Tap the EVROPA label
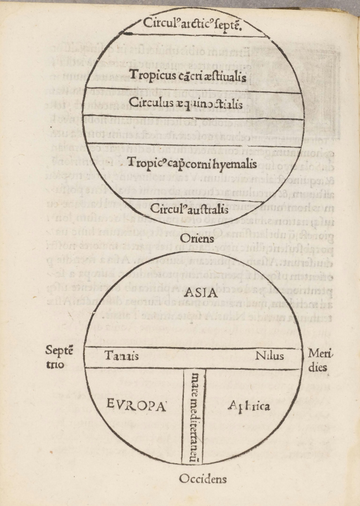click(x=137, y=405)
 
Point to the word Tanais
click(x=121, y=356)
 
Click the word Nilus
click(x=269, y=356)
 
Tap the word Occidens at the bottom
click(x=202, y=479)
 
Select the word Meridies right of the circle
click(x=318, y=359)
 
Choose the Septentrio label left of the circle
click(x=60, y=358)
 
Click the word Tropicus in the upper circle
click(x=150, y=75)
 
